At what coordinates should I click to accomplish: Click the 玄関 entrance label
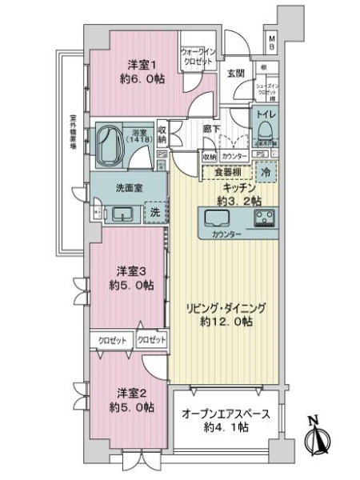point(234,74)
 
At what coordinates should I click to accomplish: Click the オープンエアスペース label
point(226,414)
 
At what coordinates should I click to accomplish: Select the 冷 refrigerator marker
point(266,171)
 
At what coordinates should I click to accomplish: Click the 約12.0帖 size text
point(226,322)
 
